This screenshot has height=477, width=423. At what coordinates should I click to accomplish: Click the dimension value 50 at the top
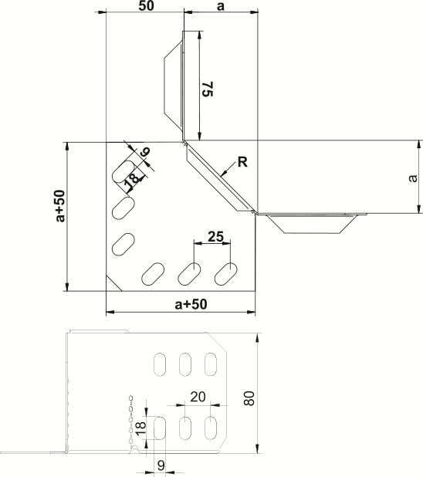pos(146,5)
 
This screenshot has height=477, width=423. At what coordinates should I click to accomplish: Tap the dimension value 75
pos(208,89)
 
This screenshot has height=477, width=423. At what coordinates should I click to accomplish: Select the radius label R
pos(242,162)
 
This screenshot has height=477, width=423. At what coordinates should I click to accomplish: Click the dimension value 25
pos(216,236)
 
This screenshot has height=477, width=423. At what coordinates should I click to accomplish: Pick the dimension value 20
pos(198,397)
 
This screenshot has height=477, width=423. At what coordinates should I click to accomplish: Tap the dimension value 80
pos(249,398)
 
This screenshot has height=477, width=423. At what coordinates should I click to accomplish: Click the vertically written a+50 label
pos(60,206)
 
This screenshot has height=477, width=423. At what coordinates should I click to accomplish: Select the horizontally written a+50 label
pos(191,304)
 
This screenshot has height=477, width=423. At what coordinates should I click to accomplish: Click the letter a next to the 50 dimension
pos(221,6)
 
